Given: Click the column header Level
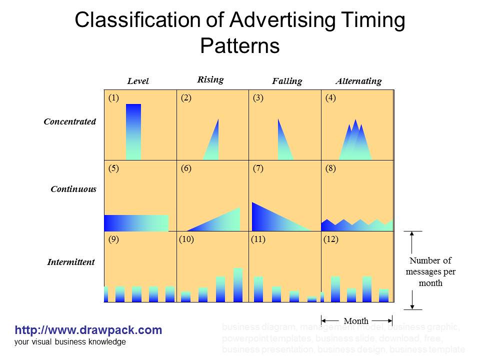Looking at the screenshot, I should pyautogui.click(x=138, y=81).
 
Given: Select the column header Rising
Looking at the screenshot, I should pyautogui.click(x=210, y=79).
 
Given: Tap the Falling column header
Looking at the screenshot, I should pyautogui.click(x=287, y=81).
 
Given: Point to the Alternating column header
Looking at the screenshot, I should pyautogui.click(x=358, y=81).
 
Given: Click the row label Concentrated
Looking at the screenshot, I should pyautogui.click(x=69, y=121).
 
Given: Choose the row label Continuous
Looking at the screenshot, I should pyautogui.click(x=73, y=189).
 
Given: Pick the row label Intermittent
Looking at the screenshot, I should pyautogui.click(x=70, y=262).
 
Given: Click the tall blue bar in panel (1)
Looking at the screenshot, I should pyautogui.click(x=133, y=131).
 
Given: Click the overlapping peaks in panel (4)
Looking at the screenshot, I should pyautogui.click(x=355, y=142).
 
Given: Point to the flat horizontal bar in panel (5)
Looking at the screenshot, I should pyautogui.click(x=136, y=222).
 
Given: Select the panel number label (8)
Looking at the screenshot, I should pyautogui.click(x=330, y=168).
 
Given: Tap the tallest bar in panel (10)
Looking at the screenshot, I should pyautogui.click(x=238, y=285).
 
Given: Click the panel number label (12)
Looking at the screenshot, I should pyautogui.click(x=331, y=239).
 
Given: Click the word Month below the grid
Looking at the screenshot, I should pyautogui.click(x=356, y=321).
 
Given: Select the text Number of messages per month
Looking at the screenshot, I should pyautogui.click(x=430, y=271).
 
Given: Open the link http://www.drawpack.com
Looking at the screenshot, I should pyautogui.click(x=88, y=330).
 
